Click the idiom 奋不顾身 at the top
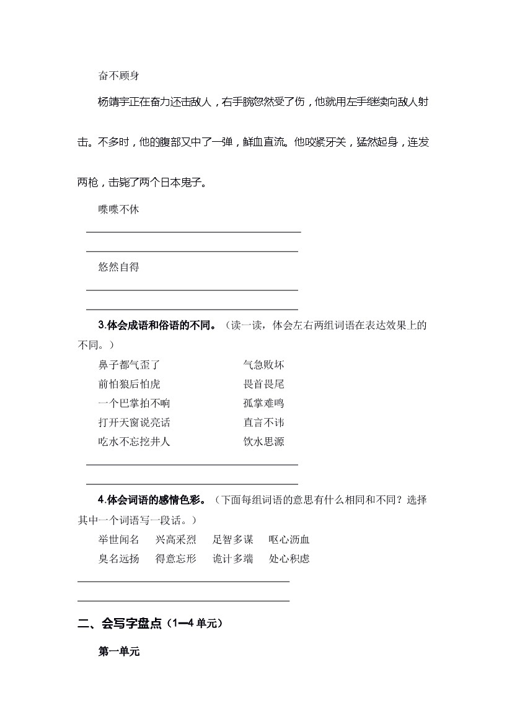[x=118, y=76]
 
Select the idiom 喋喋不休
[x=118, y=209]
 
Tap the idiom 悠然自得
[x=118, y=267]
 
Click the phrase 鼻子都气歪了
[x=129, y=365]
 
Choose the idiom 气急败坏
[x=263, y=365]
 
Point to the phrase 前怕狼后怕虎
[x=129, y=384]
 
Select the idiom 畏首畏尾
[x=263, y=384]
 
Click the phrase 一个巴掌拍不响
[x=134, y=403]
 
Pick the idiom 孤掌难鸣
[x=263, y=403]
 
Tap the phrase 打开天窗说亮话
[x=134, y=422]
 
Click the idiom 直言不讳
[x=263, y=422]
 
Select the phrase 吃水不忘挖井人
[x=134, y=442]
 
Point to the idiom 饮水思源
[x=263, y=442]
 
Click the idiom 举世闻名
[x=118, y=539]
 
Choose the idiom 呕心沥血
[x=289, y=539]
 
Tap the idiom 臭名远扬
[x=118, y=559]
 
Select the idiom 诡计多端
[x=232, y=559]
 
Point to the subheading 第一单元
[x=119, y=652]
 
